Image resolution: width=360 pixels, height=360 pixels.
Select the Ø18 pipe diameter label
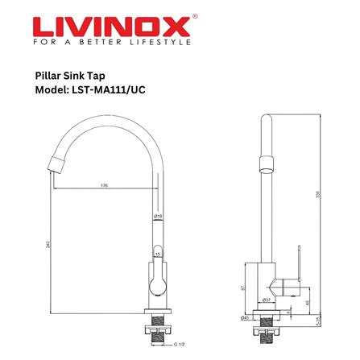point(158,216)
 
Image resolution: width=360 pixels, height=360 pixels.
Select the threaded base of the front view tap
point(157,330)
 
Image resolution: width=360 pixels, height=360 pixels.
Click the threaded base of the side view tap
point(268,330)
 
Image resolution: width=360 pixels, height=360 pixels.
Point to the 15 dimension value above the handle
point(158,254)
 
